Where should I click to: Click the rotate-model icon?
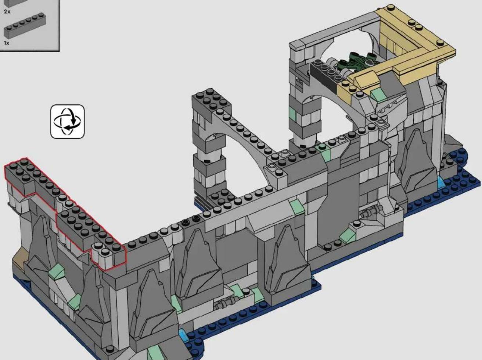[68, 122]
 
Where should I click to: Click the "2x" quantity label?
[7, 11]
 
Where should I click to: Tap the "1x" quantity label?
[7, 43]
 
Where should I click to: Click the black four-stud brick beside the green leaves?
[324, 75]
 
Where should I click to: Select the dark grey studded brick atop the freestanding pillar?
[211, 103]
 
